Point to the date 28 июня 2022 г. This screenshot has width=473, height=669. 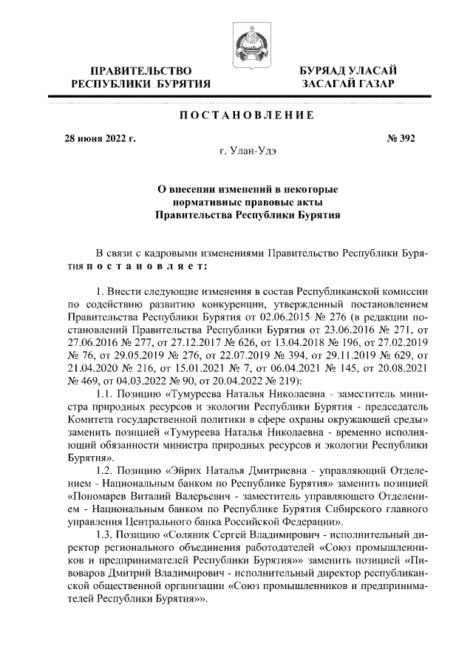[x=100, y=138]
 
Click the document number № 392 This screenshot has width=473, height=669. [x=400, y=138]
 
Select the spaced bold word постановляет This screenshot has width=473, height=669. [x=148, y=264]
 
